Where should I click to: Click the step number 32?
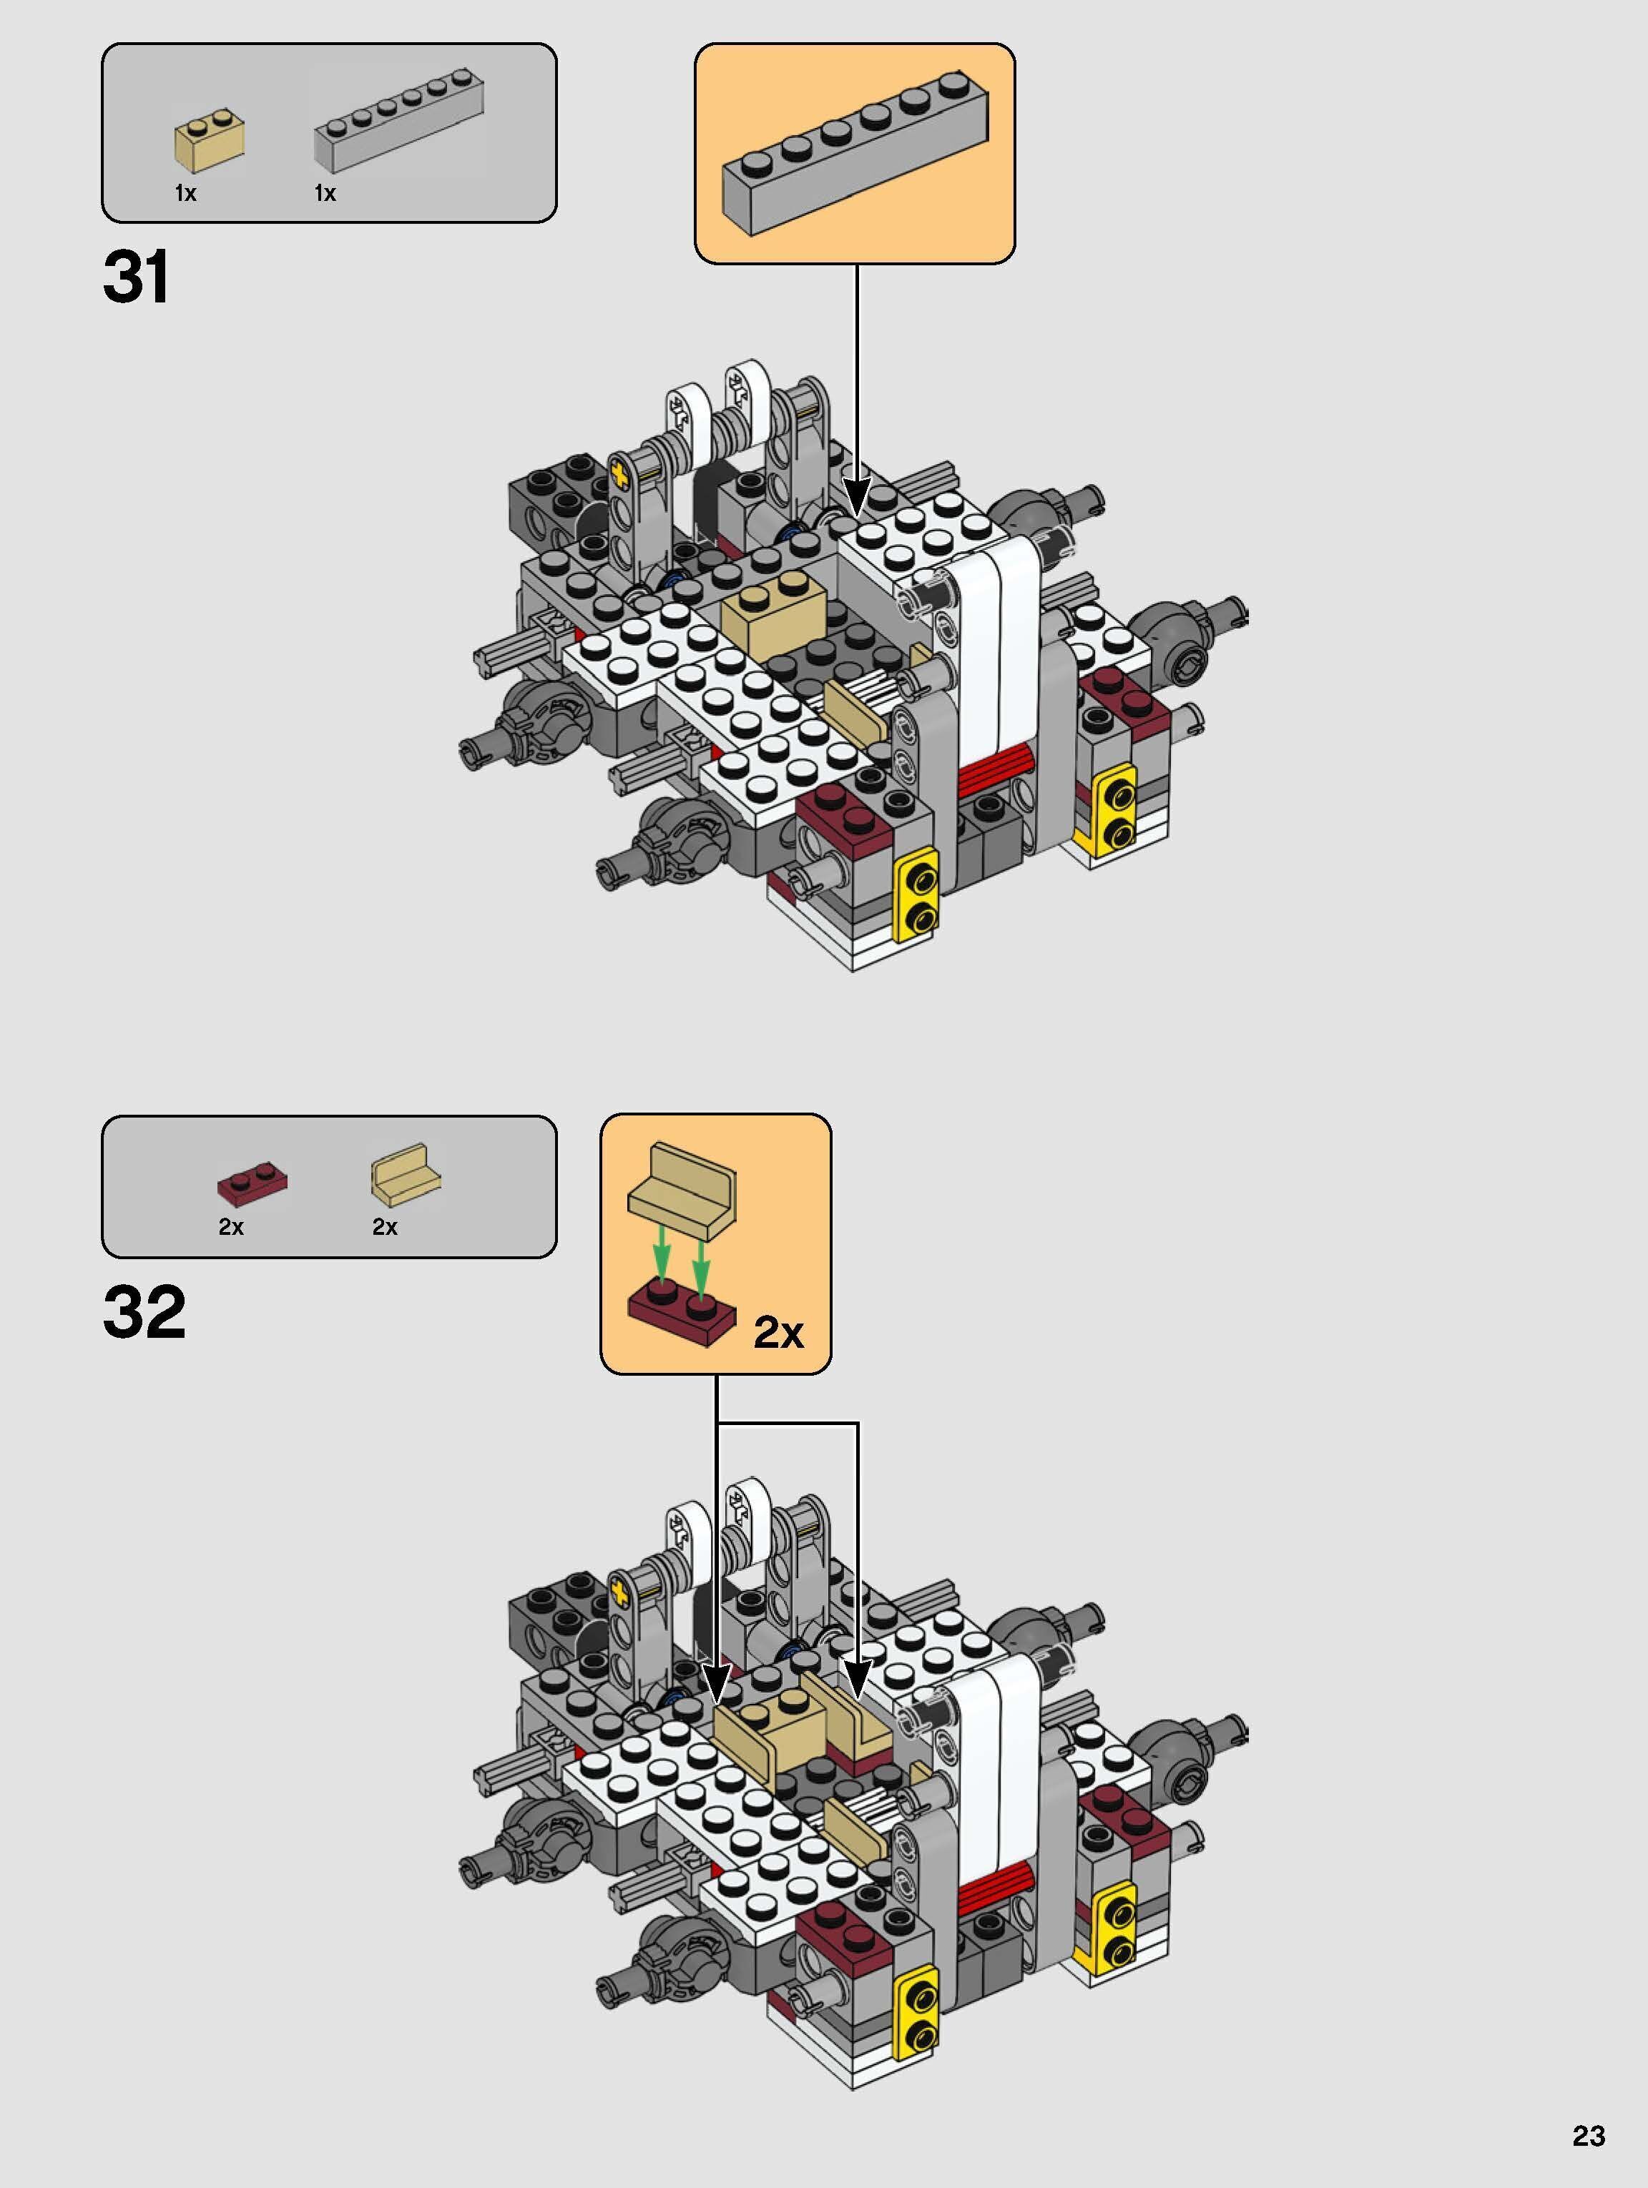(144, 1313)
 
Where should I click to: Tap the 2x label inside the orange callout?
(778, 1332)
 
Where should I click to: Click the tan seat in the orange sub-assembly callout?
(680, 1187)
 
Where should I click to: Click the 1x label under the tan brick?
(185, 194)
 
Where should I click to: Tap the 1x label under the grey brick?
(325, 194)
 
